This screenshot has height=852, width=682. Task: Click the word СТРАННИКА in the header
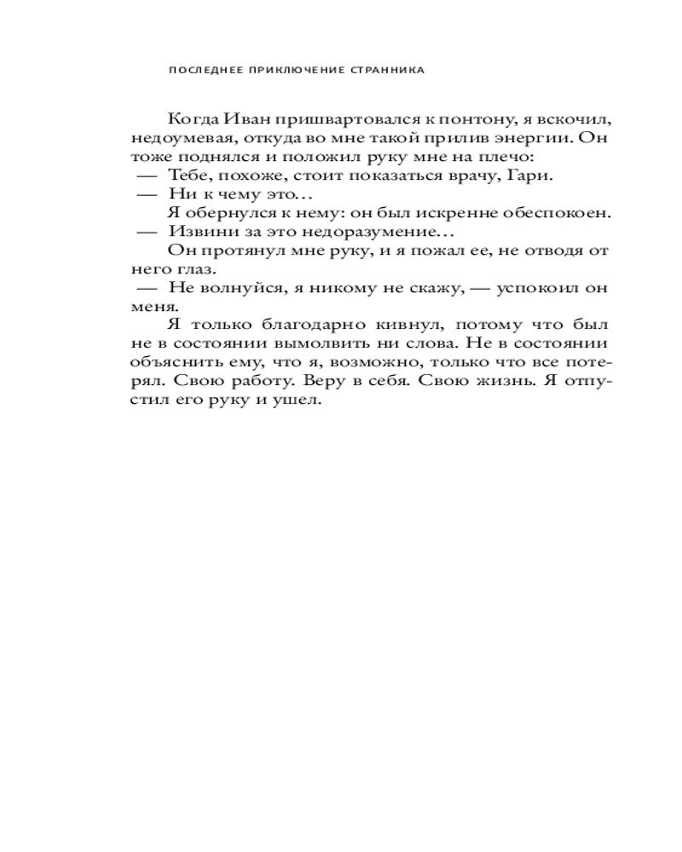[x=388, y=72]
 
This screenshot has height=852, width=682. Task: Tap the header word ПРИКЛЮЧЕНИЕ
[x=292, y=72]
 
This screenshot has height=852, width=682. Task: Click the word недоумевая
[x=177, y=138]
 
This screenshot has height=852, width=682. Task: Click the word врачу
[x=468, y=176]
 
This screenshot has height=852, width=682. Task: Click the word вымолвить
[x=341, y=345]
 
